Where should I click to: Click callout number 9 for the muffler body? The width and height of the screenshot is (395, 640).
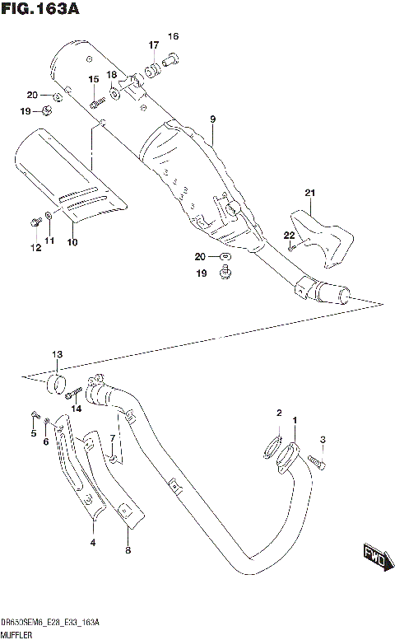pos(212,120)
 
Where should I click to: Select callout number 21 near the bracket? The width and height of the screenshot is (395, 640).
pos(310,194)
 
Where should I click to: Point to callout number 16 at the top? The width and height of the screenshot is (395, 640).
pos(173,36)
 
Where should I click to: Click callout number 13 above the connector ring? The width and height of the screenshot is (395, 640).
pos(56,355)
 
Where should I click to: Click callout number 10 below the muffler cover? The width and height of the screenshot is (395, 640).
pos(72,242)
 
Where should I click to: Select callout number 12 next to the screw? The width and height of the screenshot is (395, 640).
pos(35,247)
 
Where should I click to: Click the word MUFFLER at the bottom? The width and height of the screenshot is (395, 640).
pos(16,634)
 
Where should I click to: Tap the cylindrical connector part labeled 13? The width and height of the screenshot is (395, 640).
pos(57,383)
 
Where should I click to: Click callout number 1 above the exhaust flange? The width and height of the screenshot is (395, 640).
pos(295,421)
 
